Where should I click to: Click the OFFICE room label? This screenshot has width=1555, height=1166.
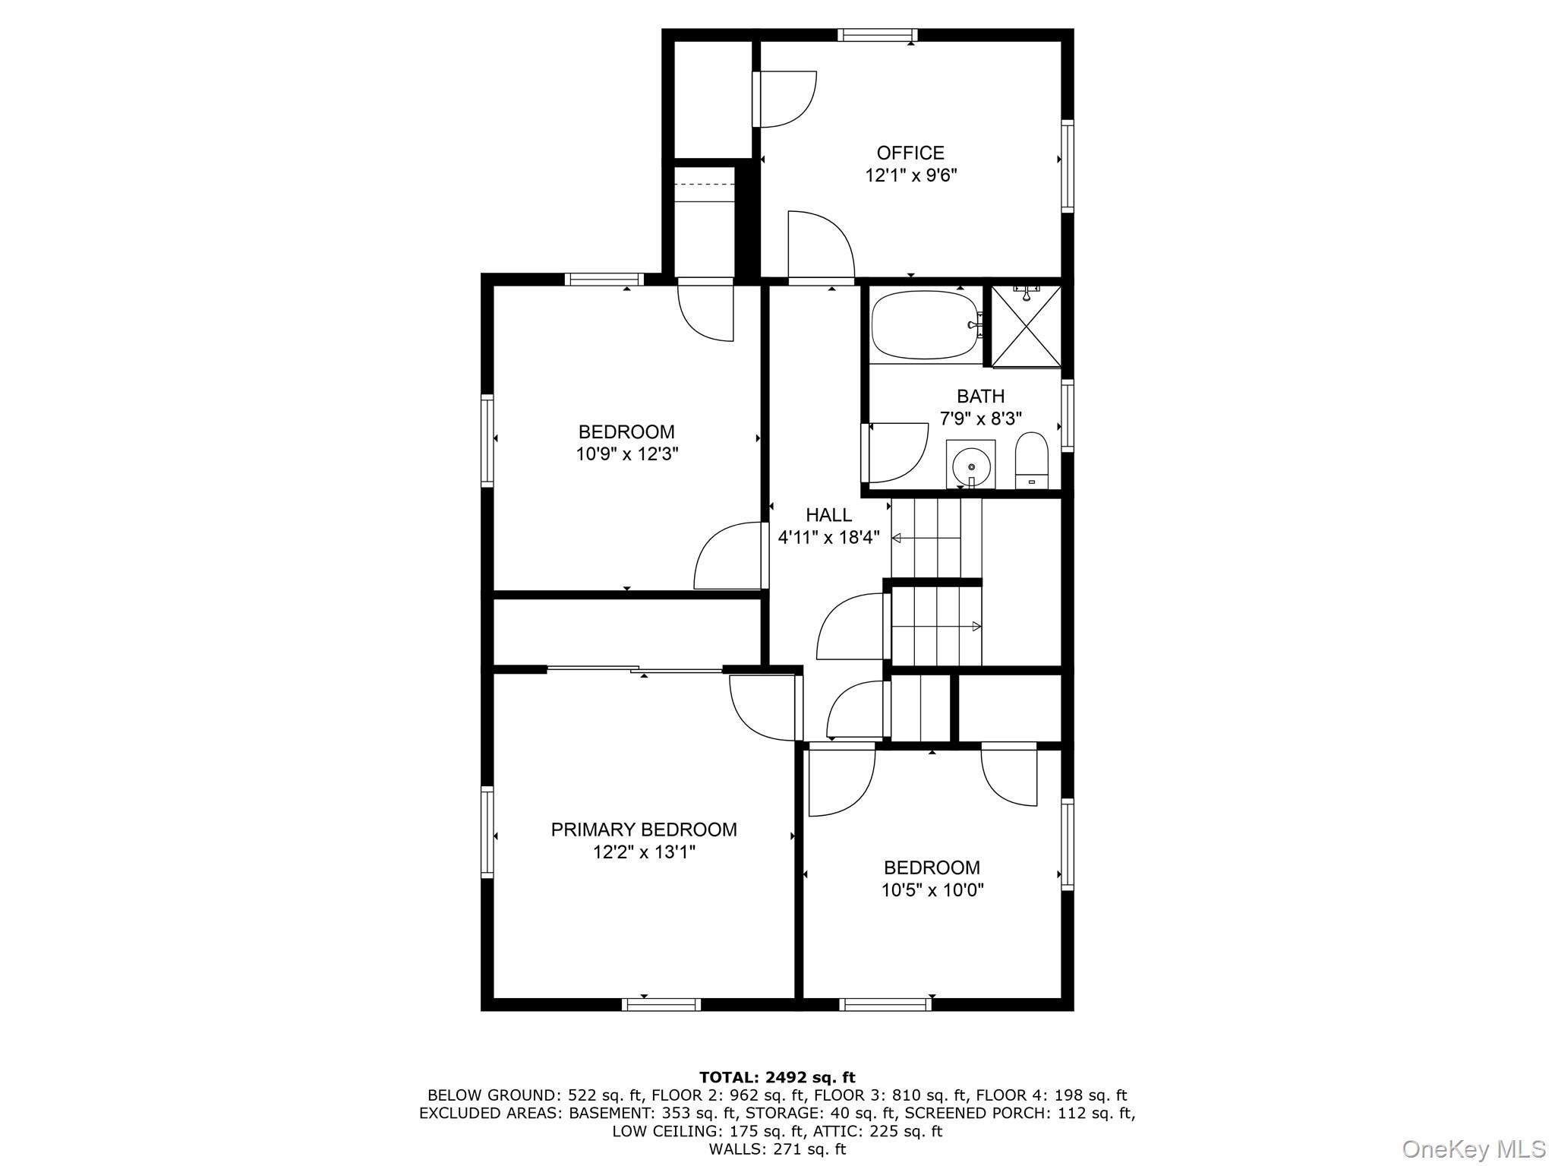tap(910, 153)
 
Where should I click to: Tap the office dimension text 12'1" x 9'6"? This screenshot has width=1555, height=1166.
tap(910, 175)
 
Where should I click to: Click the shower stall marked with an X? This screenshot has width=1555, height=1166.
tap(1027, 326)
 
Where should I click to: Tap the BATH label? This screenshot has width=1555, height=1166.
tap(980, 396)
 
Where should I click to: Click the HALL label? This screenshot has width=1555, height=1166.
tap(828, 515)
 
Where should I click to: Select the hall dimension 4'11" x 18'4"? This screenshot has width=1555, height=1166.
tap(828, 538)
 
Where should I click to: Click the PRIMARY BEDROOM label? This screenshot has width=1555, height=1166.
tap(644, 829)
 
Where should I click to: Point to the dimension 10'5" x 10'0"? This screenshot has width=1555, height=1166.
tap(932, 890)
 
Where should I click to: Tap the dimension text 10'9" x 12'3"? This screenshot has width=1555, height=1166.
tap(626, 454)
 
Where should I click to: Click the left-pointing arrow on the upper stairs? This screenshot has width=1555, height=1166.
tap(897, 539)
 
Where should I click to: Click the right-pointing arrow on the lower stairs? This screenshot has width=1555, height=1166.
tap(976, 627)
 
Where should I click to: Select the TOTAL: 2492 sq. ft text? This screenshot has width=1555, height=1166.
tap(777, 1077)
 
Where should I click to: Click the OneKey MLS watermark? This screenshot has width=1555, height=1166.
tap(1473, 1149)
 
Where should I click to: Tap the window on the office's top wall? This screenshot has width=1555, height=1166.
tap(877, 35)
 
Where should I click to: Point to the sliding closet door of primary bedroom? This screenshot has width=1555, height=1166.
tap(635, 669)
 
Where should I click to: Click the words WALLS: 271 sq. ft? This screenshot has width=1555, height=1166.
tap(777, 1149)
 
